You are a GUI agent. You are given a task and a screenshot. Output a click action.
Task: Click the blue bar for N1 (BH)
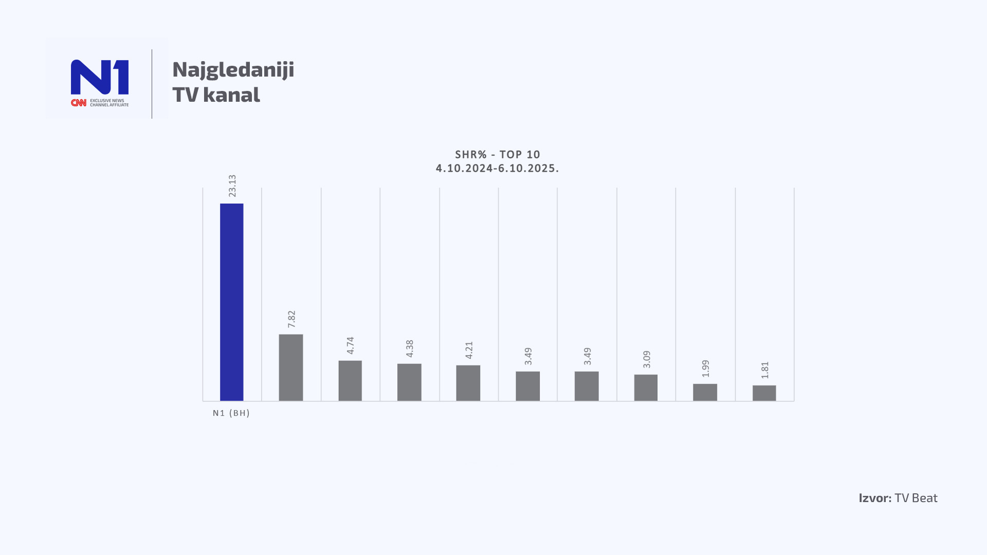point(231,302)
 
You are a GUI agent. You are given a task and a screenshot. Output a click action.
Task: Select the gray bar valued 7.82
point(291,367)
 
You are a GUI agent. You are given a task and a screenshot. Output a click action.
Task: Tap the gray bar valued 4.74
point(350,381)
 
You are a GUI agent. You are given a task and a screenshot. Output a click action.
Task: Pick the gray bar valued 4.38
point(409,382)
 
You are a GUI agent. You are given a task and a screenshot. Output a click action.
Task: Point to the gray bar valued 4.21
point(468,383)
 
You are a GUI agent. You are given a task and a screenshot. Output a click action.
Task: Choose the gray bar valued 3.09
point(646,387)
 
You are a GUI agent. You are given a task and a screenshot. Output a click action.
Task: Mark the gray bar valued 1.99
point(705,392)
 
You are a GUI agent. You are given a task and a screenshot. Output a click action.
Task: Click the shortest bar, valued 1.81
point(764,393)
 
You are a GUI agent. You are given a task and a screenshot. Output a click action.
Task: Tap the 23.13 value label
point(232,186)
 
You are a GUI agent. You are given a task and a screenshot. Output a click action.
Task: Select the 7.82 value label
point(291,319)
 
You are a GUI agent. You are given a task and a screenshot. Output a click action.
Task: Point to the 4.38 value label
point(410,348)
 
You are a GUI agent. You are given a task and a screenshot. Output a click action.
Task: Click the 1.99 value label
point(706,368)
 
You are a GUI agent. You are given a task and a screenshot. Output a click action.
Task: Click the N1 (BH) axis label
point(231,413)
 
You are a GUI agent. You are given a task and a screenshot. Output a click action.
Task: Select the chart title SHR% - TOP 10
point(498,155)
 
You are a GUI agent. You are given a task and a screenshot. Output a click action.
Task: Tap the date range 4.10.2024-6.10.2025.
point(498,169)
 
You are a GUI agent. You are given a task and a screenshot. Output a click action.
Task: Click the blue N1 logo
point(100,77)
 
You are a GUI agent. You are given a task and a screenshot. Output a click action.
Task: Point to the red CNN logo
point(79,103)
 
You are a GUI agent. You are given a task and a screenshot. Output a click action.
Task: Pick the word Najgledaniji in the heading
point(233,70)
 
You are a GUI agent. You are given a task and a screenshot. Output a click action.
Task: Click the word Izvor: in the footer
point(875,498)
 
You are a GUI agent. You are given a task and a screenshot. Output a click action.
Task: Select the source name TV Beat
point(916,498)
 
